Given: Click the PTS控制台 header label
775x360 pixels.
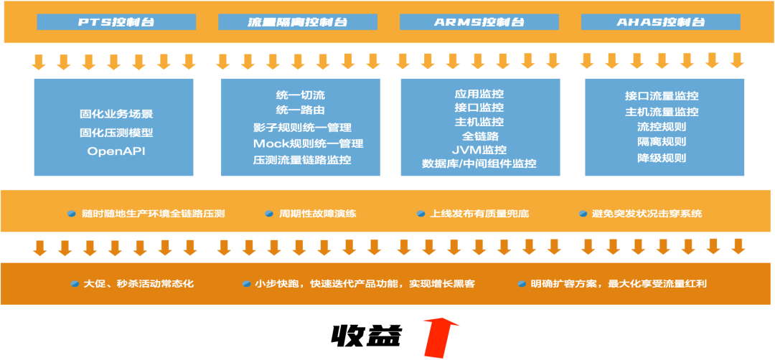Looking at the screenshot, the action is [x=116, y=22].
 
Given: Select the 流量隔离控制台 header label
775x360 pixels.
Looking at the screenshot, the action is [x=298, y=22].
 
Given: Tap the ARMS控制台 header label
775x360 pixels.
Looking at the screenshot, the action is [x=479, y=22].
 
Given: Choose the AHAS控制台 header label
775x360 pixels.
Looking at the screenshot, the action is [x=660, y=22].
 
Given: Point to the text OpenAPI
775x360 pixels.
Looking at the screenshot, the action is [x=116, y=151].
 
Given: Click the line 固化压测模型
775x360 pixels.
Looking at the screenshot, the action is [x=116, y=132].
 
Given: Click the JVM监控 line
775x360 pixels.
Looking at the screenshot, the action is [x=479, y=150].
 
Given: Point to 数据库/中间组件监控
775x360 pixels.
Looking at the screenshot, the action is [x=479, y=164].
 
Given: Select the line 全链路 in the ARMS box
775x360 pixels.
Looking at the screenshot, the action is [x=479, y=136].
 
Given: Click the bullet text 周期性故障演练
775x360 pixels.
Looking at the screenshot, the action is [x=318, y=214].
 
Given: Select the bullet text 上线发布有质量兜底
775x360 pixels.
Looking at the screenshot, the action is [x=479, y=214].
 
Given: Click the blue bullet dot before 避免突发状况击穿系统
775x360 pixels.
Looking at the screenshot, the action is [x=584, y=214].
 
